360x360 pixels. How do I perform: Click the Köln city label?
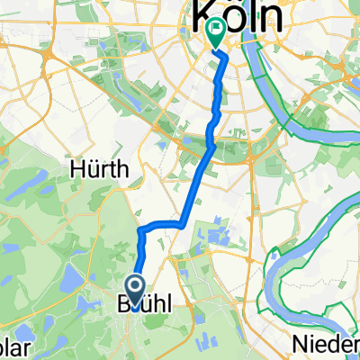coord(232,16)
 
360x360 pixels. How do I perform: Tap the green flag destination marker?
coord(216,33)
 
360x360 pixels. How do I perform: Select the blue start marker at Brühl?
coord(136,291)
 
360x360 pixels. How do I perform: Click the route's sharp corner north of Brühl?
coord(141,230)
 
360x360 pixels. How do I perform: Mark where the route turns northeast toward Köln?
coord(182,221)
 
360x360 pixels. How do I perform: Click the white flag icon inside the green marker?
coord(216,29)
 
